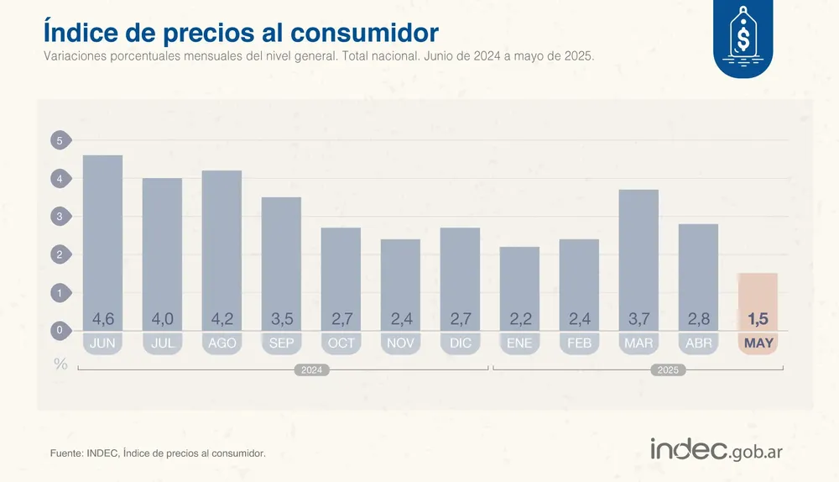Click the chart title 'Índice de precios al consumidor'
click(241, 32)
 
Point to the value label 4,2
click(221, 319)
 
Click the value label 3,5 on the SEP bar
click(281, 319)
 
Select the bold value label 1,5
click(758, 319)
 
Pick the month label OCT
click(341, 343)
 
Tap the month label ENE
click(519, 343)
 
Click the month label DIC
click(460, 343)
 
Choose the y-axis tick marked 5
click(60, 141)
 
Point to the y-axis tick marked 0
click(60, 331)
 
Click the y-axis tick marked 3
click(60, 217)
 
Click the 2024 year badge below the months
click(311, 369)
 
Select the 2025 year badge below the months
click(668, 369)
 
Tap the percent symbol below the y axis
click(60, 364)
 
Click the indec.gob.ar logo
click(716, 449)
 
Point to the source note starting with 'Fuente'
click(158, 453)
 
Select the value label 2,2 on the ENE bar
click(519, 319)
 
